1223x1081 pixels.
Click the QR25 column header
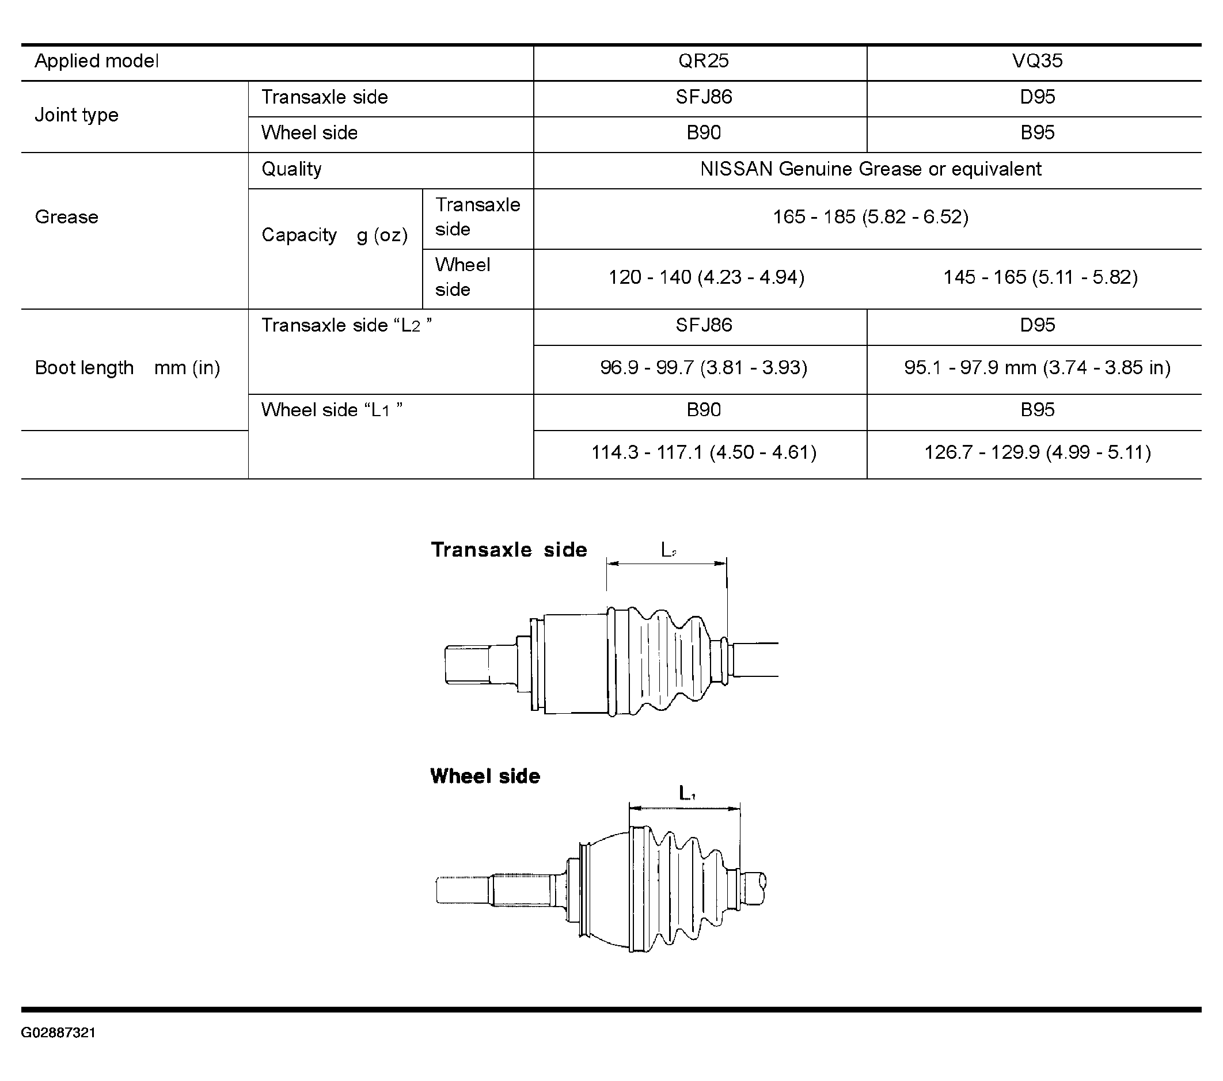pos(703,61)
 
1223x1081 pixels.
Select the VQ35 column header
pos(1037,61)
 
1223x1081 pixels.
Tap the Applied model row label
pos(97,61)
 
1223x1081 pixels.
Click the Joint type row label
pos(77,115)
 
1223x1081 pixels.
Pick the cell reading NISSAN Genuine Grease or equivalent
pos(871,169)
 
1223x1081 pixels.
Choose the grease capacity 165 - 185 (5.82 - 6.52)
pos(871,216)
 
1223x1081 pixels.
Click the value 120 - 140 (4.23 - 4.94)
pos(706,277)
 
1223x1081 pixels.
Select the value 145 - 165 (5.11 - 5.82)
pos(1040,277)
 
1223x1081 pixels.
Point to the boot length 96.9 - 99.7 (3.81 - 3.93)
pos(704,367)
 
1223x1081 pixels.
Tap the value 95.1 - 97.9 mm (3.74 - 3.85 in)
pos(1037,367)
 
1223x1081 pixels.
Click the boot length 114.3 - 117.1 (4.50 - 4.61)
pos(704,452)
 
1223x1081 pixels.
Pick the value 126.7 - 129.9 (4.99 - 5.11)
pos(1037,452)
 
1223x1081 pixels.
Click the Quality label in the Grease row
pos(291,169)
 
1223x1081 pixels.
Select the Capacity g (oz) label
pos(335,235)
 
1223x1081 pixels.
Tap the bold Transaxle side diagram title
pos(509,550)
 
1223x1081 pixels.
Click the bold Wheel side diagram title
pos(485,777)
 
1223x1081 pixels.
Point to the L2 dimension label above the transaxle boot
pos(669,550)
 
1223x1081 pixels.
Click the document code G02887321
pos(59,1033)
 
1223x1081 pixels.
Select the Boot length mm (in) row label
pos(127,368)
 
